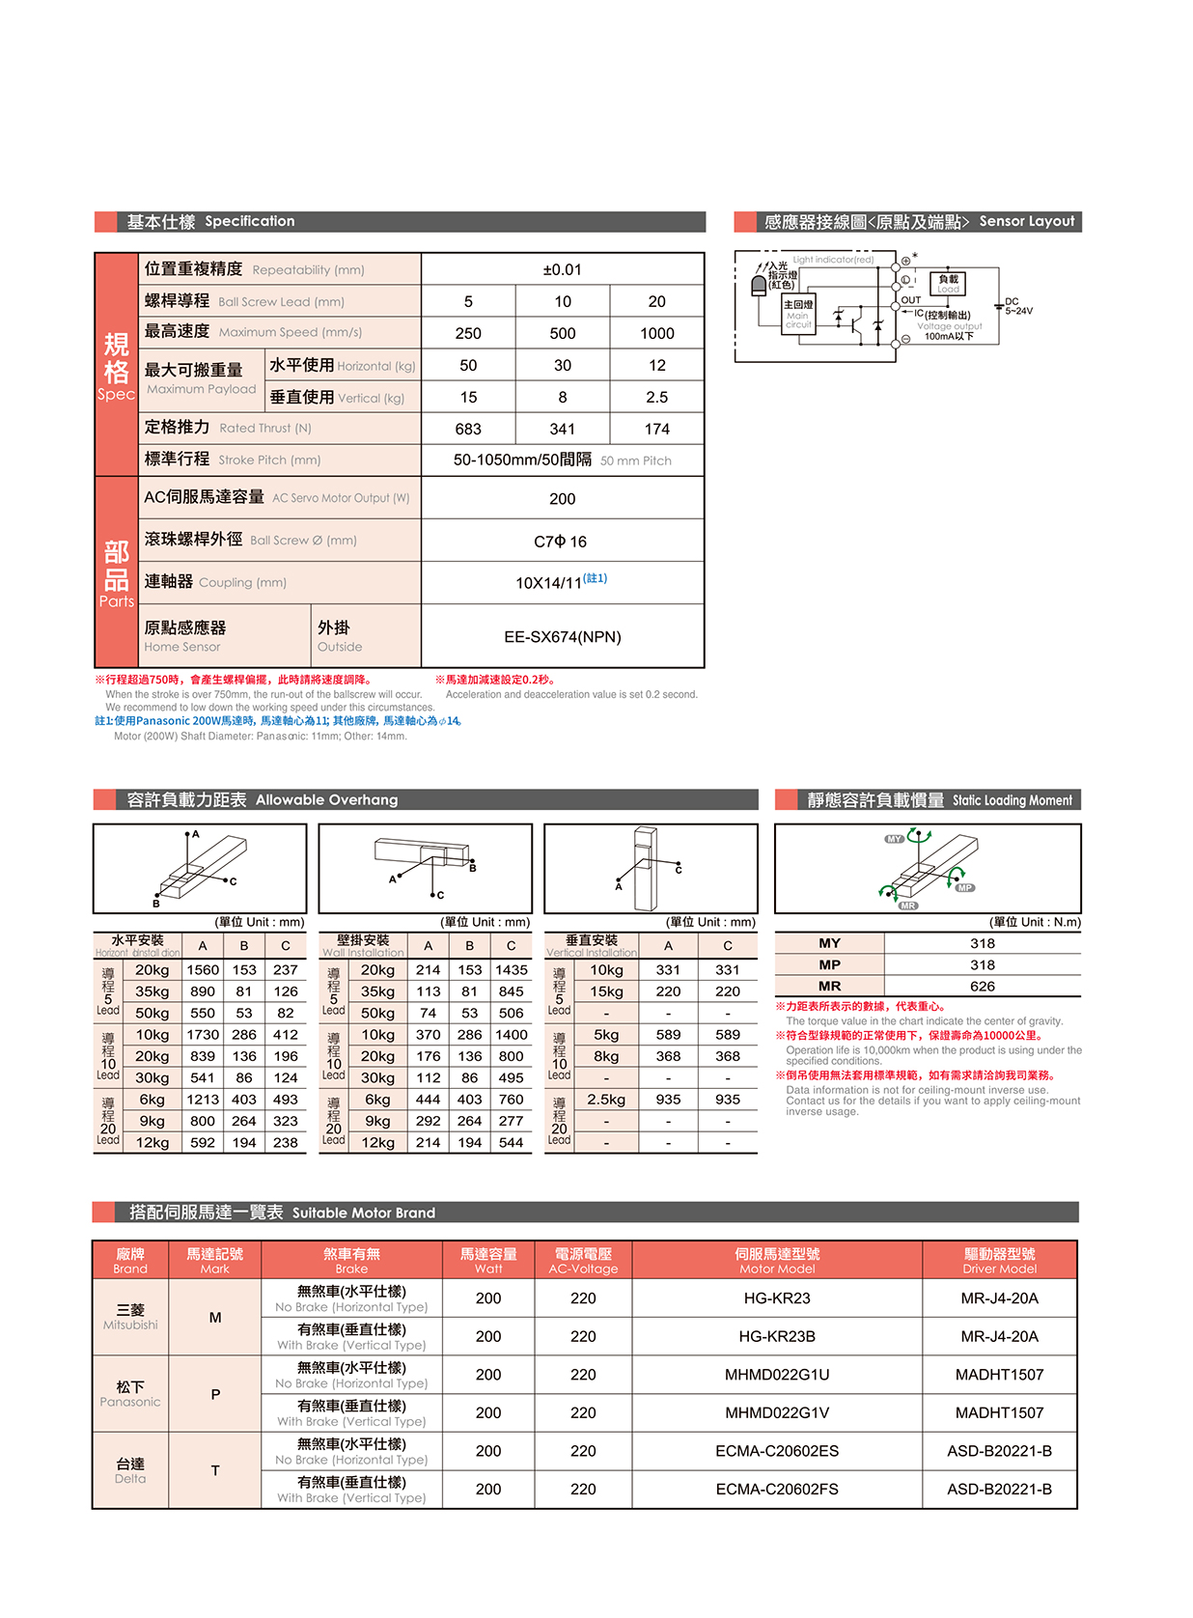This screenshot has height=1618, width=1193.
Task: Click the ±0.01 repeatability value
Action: pos(562,269)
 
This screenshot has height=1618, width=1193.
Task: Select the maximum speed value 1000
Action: pos(656,333)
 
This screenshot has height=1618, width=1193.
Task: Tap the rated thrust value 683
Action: pos(468,429)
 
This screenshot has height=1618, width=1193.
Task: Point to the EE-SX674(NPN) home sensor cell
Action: pos(562,636)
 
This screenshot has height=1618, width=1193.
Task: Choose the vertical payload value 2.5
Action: pos(656,397)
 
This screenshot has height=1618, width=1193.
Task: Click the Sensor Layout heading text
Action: pos(1026,221)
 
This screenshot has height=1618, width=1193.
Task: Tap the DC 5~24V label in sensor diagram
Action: pos(1017,306)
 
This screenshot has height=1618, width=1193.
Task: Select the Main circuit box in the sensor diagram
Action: pos(798,315)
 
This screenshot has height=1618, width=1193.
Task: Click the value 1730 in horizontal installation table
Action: pos(203,1035)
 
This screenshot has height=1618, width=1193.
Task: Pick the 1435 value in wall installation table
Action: pos(511,969)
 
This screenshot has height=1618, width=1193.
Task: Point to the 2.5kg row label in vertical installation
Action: pos(606,1100)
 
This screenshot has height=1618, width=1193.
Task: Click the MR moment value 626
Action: pos(983,986)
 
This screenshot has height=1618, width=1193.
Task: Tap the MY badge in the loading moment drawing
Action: pos(894,839)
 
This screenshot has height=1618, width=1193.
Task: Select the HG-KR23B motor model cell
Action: pos(777,1336)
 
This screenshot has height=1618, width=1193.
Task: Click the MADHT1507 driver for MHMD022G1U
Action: pos(999,1375)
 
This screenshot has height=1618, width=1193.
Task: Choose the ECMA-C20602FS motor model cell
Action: pos(777,1489)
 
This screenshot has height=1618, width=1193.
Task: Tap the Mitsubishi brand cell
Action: pos(130,1317)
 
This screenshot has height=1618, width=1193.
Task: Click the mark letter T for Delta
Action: pos(215,1470)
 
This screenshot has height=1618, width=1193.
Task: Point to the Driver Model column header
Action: pos(999,1260)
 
